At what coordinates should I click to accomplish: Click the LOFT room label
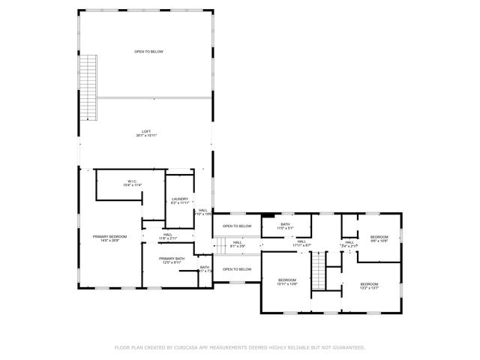click(147, 131)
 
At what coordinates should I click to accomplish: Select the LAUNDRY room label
click(180, 199)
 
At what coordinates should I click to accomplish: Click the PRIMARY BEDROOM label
click(110, 236)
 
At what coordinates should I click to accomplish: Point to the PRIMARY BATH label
click(172, 257)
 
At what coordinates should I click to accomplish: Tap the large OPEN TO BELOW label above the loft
click(148, 52)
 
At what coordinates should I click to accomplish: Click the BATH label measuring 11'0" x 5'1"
click(286, 223)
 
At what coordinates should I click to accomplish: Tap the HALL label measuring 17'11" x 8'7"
click(301, 241)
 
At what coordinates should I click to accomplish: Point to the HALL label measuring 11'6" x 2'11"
click(167, 235)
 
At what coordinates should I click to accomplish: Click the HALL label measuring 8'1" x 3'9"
click(237, 242)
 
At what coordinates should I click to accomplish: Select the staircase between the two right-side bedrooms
click(319, 271)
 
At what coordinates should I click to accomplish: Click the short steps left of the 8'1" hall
click(220, 243)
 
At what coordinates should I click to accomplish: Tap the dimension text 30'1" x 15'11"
click(147, 136)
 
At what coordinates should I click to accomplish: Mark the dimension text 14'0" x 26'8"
click(110, 241)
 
